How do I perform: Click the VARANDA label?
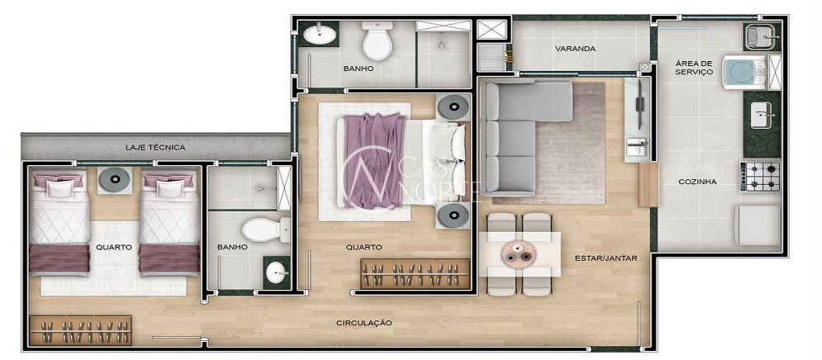[575, 49]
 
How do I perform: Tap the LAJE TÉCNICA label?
[155, 147]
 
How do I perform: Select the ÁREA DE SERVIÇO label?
[694, 68]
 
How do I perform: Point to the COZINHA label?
[697, 182]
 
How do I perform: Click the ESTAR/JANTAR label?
[606, 258]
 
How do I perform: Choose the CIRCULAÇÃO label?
[363, 323]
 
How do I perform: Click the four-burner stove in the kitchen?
[759, 177]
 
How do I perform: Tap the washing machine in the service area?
[744, 73]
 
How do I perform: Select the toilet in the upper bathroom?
[378, 41]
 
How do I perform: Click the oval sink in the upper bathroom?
[321, 36]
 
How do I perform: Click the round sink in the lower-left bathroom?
[276, 272]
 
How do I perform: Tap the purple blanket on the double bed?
[374, 160]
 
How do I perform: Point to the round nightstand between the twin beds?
[114, 180]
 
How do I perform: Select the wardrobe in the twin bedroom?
[80, 330]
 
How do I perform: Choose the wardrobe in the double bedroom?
[416, 273]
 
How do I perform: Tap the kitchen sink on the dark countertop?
[761, 116]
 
